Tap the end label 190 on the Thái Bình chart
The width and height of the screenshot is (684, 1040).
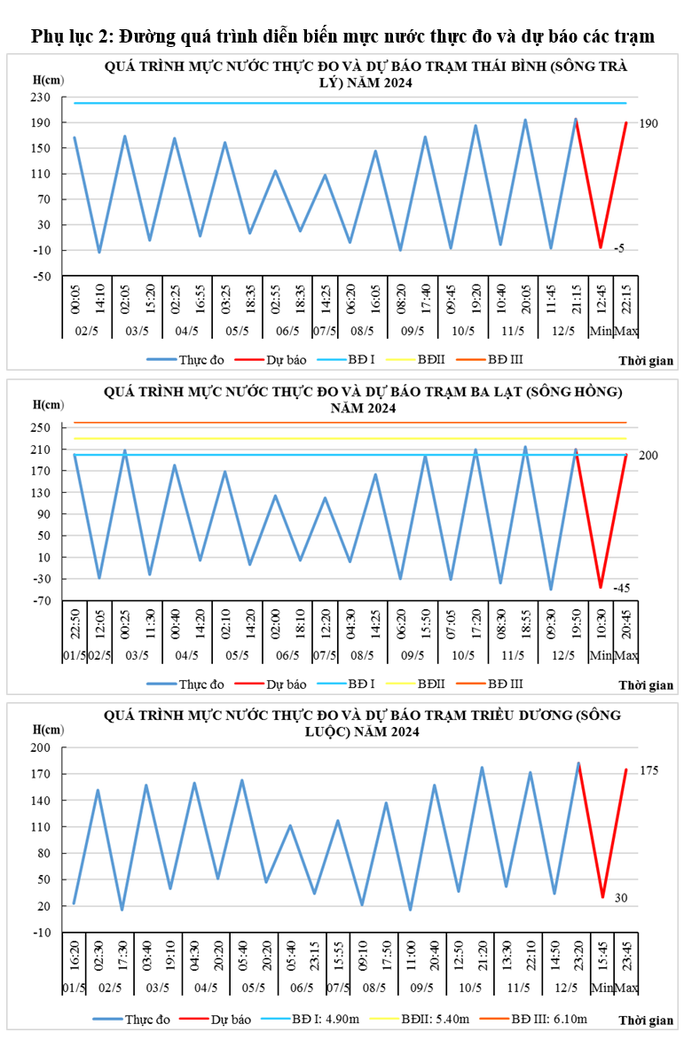pos(649,123)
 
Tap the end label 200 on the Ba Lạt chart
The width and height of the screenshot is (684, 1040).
pos(649,456)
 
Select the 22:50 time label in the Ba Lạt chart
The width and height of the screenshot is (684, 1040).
pos(75,623)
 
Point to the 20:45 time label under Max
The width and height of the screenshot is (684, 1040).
pos(626,623)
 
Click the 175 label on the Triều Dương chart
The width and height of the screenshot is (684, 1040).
pos(649,770)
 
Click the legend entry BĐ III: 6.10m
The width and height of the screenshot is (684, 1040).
pos(523,1020)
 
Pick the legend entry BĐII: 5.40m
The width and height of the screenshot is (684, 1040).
pos(421,1020)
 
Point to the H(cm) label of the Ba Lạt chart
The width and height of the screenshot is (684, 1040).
pos(49,405)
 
